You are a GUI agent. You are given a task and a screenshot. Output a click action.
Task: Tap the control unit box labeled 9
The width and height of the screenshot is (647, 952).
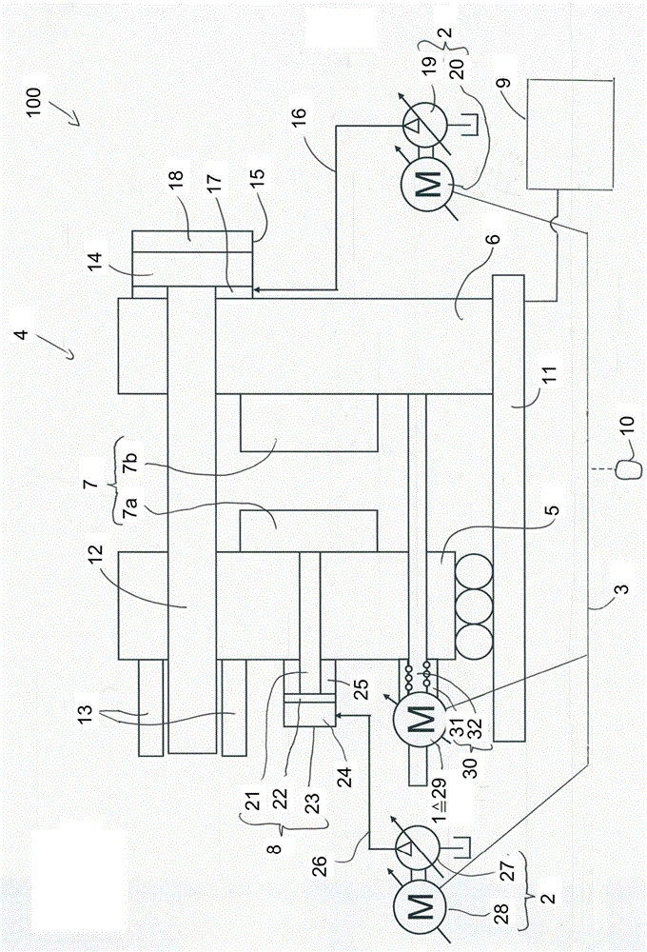[x=570, y=133]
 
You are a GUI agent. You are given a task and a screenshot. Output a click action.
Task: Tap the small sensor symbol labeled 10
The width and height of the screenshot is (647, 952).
[x=629, y=470]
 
